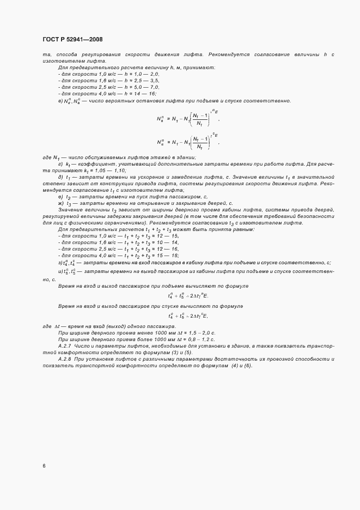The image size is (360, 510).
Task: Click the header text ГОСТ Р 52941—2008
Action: (x=72, y=39)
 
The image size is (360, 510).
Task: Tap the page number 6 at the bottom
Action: (x=44, y=466)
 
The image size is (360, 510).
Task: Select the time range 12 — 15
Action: (x=167, y=235)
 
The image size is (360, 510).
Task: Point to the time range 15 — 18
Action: (x=167, y=256)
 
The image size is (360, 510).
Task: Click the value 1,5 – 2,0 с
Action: (x=201, y=332)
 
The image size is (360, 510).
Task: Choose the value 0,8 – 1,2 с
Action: (x=201, y=338)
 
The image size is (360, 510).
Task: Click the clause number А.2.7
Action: (x=65, y=345)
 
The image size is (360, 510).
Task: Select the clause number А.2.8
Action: (x=65, y=359)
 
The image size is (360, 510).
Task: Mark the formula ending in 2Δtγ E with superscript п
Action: (x=188, y=296)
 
